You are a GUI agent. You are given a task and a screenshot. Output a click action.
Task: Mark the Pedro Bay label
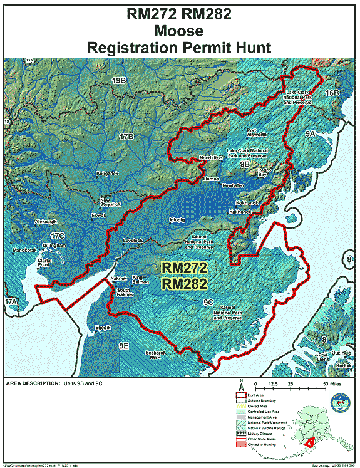265,172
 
